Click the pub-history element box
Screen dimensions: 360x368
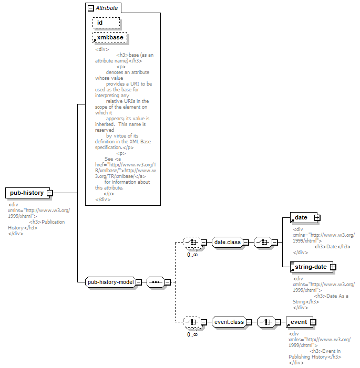tap(27, 193)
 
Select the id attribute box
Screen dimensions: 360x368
tap(106, 23)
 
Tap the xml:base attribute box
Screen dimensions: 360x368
tap(110, 38)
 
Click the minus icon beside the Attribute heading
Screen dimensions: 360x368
tap(91, 8)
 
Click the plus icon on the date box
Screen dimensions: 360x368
tap(317, 217)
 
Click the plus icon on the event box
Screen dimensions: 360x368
tap(313, 322)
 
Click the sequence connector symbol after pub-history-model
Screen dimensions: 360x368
tap(156, 282)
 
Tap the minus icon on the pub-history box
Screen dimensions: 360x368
tap(50, 193)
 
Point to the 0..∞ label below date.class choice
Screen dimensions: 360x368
tap(192, 255)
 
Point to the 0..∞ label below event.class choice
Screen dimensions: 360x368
tap(192, 334)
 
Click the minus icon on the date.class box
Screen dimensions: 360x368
tap(245, 242)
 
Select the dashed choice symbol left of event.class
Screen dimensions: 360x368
tap(192, 322)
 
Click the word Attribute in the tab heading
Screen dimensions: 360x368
tap(107, 8)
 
